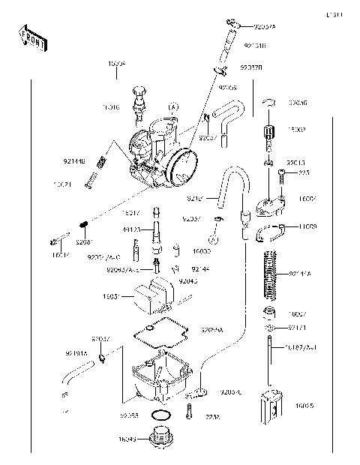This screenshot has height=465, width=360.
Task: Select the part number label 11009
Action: (x=309, y=226)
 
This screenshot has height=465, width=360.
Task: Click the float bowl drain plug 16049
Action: (x=160, y=436)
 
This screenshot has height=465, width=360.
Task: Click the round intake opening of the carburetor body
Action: (x=181, y=166)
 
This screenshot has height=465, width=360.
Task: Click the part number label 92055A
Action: (x=212, y=330)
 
